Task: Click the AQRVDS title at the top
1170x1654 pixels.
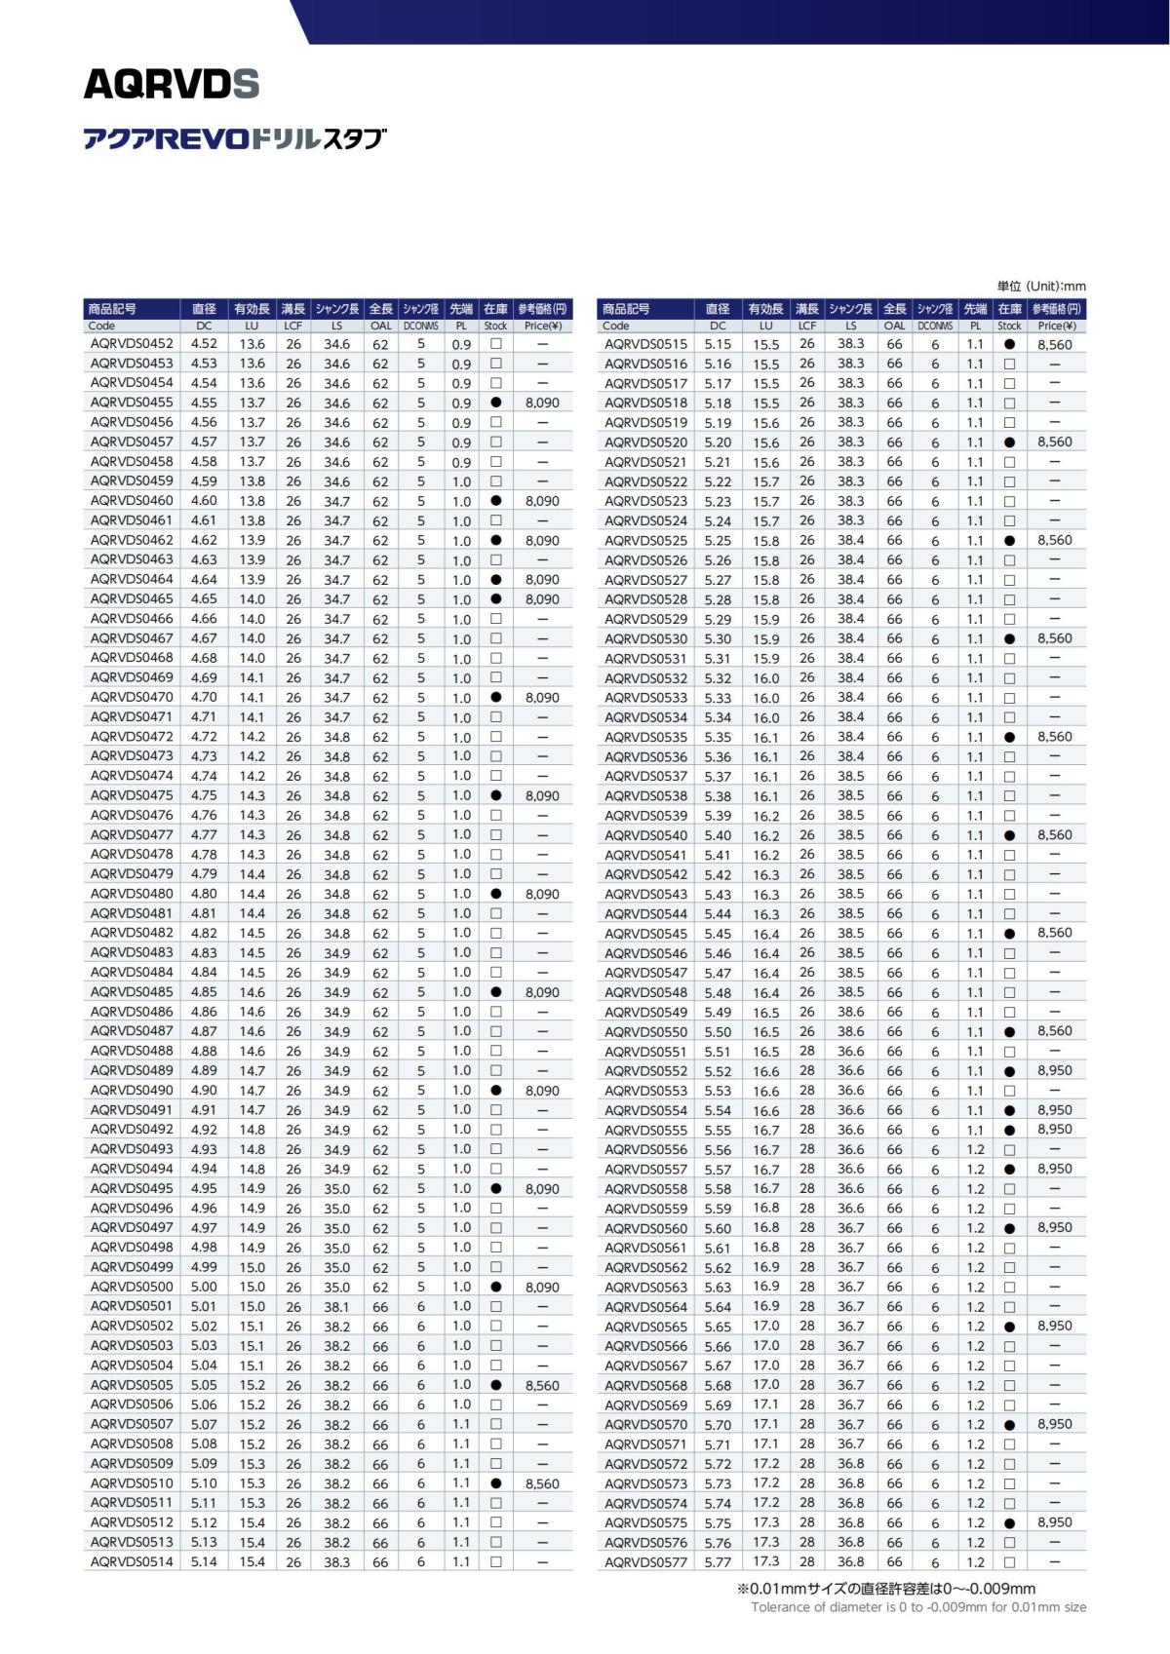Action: point(172,85)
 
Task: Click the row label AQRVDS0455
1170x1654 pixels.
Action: point(132,403)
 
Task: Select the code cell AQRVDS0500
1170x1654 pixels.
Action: point(132,1287)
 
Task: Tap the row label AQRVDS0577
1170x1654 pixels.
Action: point(645,1561)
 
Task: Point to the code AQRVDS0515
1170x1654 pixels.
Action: point(645,344)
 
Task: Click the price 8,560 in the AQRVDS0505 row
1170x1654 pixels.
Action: point(542,1385)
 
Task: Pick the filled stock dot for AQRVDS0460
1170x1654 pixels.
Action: point(495,501)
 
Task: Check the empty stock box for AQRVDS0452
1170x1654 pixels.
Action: point(495,344)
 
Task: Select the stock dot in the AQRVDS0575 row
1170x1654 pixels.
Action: point(1009,1522)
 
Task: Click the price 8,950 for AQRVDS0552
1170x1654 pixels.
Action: point(1055,1070)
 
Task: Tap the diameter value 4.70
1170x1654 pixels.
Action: point(204,698)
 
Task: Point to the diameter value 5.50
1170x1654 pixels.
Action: point(718,1031)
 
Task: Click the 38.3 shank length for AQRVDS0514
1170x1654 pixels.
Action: point(337,1561)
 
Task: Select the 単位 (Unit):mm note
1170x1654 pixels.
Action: point(1041,287)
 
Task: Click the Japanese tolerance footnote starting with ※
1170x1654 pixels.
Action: point(885,1589)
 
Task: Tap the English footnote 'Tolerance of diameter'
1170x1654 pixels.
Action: point(918,1607)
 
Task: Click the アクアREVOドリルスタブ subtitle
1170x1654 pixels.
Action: point(235,138)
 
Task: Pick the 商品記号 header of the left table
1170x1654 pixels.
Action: point(112,309)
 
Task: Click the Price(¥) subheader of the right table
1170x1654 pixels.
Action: point(1057,327)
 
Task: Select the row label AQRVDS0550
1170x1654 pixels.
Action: point(645,1031)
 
